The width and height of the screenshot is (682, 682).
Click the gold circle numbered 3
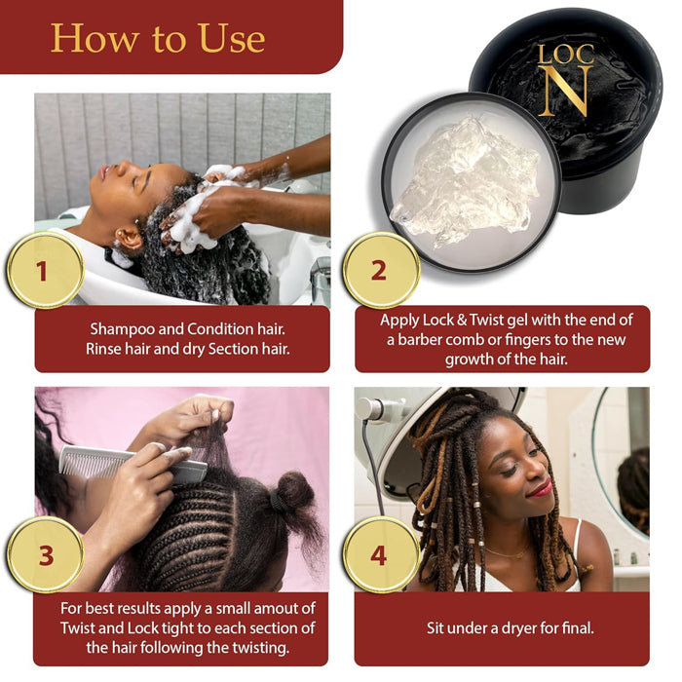45,555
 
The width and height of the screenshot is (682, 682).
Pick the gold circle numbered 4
379,555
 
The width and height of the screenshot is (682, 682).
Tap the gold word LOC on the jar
567,53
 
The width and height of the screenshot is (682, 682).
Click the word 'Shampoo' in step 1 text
125,329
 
